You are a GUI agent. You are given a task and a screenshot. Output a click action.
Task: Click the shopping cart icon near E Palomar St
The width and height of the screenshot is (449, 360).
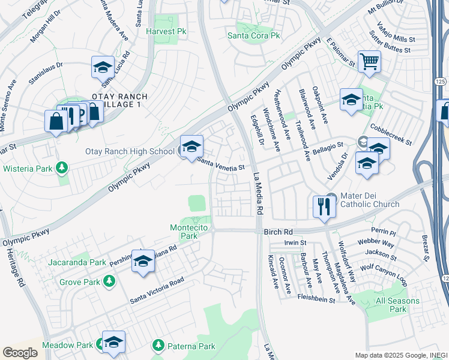[369, 61]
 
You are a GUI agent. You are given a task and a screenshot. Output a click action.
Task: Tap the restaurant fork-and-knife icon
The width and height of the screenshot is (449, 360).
[324, 206]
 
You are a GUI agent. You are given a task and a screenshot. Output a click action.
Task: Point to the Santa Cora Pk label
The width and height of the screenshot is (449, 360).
[253, 35]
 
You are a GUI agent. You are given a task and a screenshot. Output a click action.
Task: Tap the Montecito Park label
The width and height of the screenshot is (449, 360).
[192, 232]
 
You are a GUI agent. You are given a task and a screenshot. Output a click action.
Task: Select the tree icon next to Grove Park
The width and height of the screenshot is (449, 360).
[109, 280]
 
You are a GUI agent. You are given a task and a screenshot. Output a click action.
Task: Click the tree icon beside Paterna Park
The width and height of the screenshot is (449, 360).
[158, 345]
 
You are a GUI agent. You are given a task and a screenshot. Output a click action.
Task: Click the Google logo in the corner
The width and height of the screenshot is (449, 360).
[20, 353]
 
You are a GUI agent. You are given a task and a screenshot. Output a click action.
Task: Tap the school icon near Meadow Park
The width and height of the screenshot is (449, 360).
[113, 341]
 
